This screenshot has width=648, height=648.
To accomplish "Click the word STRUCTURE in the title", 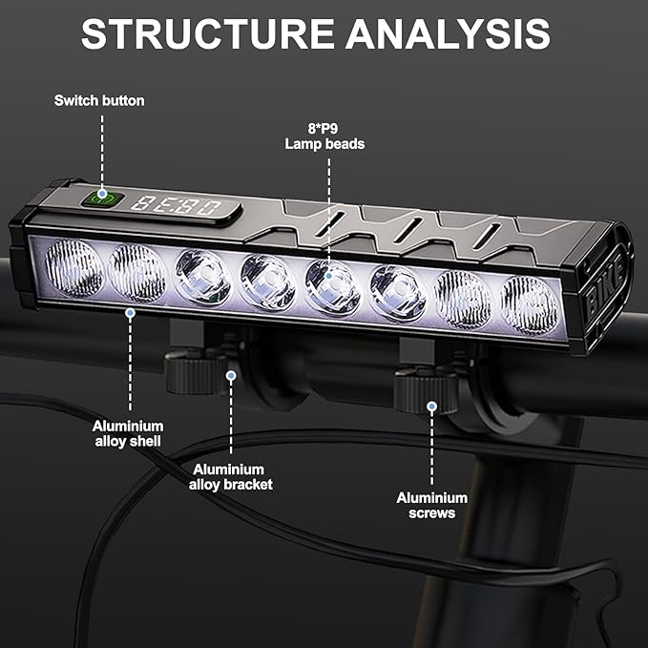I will tap(206, 34).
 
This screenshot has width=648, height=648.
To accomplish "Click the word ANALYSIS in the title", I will tap(448, 34).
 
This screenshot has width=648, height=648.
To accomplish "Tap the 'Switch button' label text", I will tap(99, 100).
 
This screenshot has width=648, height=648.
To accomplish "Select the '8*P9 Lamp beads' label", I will tap(324, 136).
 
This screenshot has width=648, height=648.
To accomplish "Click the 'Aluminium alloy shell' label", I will tap(128, 433).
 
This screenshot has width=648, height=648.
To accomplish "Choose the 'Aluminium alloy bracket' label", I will tap(232, 476).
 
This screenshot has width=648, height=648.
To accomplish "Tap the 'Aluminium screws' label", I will tap(432, 505).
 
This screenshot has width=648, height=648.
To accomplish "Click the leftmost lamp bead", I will tap(73, 268).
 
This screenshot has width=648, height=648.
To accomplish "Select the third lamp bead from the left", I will tap(202, 278).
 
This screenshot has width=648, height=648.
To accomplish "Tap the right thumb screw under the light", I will tap(426, 388).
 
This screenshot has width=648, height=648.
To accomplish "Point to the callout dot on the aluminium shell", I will tap(129, 311).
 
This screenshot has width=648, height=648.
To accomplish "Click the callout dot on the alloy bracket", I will tap(230, 376).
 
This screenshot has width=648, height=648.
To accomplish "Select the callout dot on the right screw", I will tap(431, 407).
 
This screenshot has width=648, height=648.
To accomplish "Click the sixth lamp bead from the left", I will tap(397, 291).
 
